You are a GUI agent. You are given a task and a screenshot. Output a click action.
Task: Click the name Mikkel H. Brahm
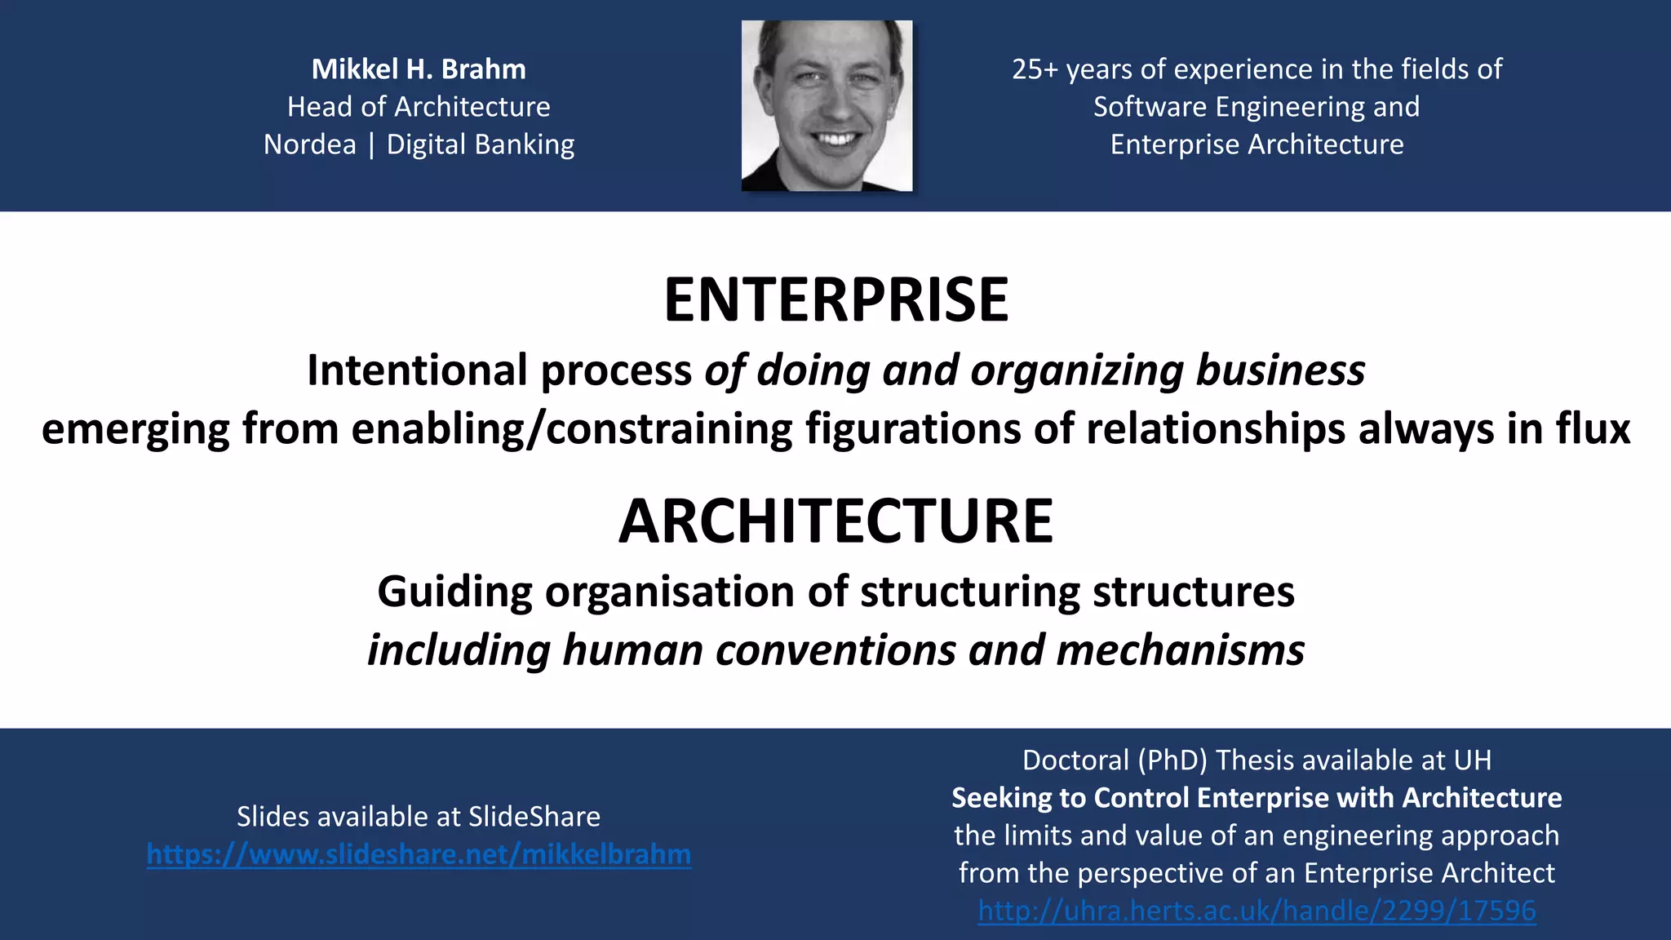click(x=419, y=69)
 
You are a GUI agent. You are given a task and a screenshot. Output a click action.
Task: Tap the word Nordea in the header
click(x=310, y=144)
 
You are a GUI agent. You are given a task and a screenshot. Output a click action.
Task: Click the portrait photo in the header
click(x=827, y=106)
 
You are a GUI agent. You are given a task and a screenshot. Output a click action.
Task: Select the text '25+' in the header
click(x=1035, y=69)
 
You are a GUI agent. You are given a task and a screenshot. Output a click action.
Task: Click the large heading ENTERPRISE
click(x=835, y=299)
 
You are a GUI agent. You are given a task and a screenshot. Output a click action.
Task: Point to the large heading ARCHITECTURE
click(x=835, y=521)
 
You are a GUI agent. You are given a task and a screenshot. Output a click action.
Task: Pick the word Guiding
click(x=454, y=591)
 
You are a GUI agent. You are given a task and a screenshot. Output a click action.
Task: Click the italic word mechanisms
click(x=1180, y=650)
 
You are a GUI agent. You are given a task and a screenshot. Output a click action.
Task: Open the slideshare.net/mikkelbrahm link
click(x=419, y=854)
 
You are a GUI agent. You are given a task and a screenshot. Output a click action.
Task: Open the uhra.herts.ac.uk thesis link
click(x=1257, y=911)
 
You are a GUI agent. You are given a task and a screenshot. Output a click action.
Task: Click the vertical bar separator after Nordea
click(x=371, y=144)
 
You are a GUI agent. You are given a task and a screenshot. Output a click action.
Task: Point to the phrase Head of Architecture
click(x=419, y=107)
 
